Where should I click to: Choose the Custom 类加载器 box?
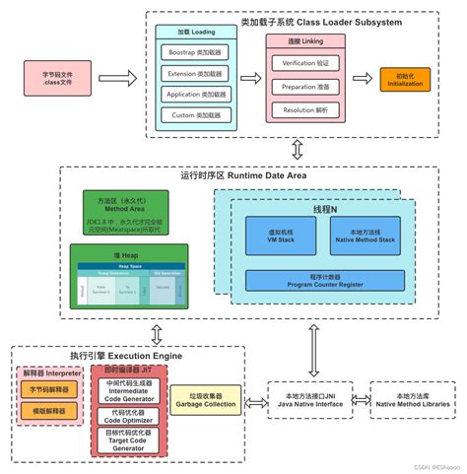tap(194, 116)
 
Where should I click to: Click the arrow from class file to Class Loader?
tap(119, 76)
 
